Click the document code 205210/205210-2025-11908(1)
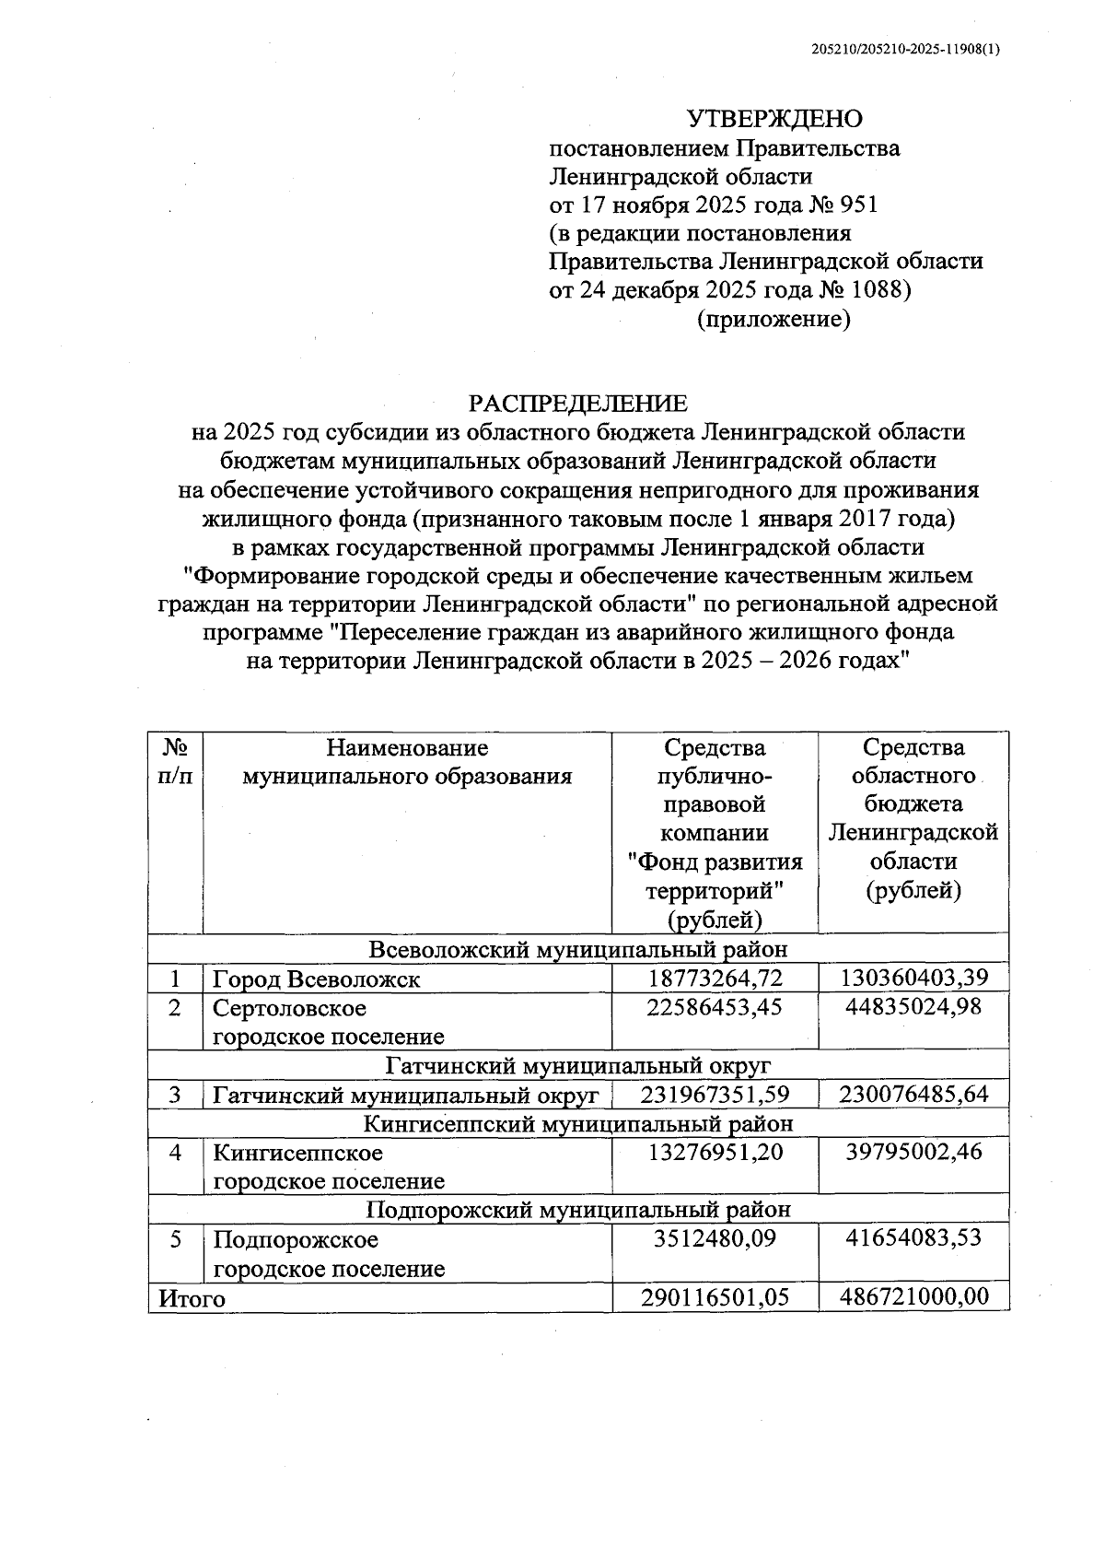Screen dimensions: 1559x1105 tap(905, 52)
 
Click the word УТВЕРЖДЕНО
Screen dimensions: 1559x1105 tap(774, 119)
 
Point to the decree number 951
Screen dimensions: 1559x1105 tap(860, 205)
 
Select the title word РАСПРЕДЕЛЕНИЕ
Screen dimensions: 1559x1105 tap(578, 404)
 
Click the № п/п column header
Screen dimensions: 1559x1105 tap(175, 761)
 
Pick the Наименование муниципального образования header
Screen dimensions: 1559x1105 tap(407, 761)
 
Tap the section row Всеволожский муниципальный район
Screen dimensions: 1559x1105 tap(578, 949)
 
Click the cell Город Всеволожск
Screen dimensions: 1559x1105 tap(317, 979)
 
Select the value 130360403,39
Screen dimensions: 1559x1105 tap(913, 978)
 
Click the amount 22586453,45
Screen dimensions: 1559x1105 tap(715, 1007)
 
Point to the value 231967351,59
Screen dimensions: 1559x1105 tap(715, 1095)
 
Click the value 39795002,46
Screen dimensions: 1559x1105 tap(913, 1153)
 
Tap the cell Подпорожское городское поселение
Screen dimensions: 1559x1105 tap(329, 1254)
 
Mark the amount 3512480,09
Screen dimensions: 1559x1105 tap(715, 1238)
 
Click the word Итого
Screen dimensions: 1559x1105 tap(192, 1298)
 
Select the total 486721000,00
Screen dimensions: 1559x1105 tap(913, 1297)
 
